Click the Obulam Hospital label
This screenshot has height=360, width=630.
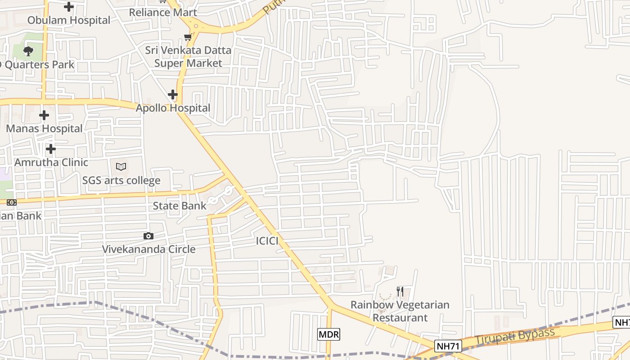68,20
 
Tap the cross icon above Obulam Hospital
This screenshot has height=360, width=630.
69,7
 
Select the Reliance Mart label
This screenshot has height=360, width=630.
162,12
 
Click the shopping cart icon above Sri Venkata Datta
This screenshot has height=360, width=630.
188,37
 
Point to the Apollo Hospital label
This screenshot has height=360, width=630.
173,108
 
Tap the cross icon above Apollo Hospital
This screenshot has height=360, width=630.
173,94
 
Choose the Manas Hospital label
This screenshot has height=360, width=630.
44,129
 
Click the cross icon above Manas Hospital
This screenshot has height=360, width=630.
44,115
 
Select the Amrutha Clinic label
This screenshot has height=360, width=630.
51,162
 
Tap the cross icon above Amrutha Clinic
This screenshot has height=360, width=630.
51,148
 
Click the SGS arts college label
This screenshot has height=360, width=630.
121,180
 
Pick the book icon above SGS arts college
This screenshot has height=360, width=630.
121,167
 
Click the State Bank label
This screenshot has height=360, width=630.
180,206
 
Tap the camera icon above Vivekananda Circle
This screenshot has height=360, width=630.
148,236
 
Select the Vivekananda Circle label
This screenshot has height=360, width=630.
148,249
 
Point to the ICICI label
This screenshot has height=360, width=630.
267,241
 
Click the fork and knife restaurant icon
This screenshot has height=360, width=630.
400,291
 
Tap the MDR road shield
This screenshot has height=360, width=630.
328,334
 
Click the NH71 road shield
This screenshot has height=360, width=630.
448,346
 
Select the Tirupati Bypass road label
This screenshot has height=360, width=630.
515,337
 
